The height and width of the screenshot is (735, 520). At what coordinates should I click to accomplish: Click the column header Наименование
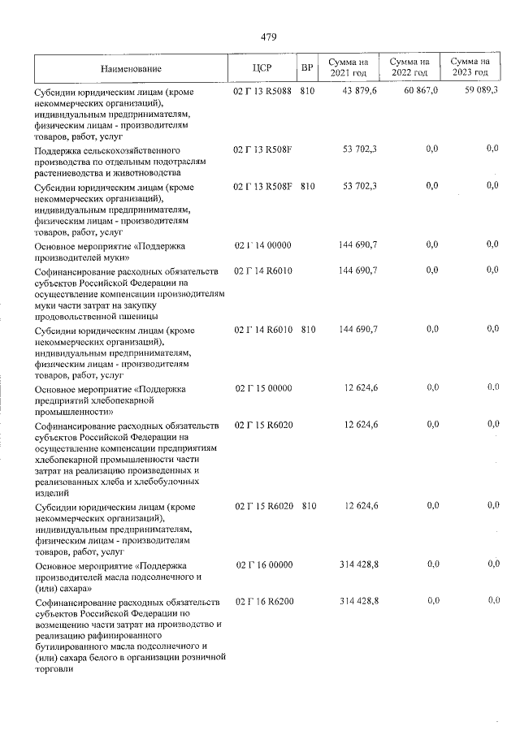click(132, 68)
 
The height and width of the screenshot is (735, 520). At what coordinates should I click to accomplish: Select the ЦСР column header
click(262, 68)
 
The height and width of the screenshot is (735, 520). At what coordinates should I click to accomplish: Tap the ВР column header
click(307, 68)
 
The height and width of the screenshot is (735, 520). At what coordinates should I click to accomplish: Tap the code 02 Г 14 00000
click(262, 245)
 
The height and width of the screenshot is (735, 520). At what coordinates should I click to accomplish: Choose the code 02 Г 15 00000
click(262, 389)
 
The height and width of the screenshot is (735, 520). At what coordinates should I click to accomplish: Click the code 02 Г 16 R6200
click(262, 602)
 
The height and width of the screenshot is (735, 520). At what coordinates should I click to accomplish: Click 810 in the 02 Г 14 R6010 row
click(307, 331)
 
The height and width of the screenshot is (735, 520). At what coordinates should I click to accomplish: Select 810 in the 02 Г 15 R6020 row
click(307, 507)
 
